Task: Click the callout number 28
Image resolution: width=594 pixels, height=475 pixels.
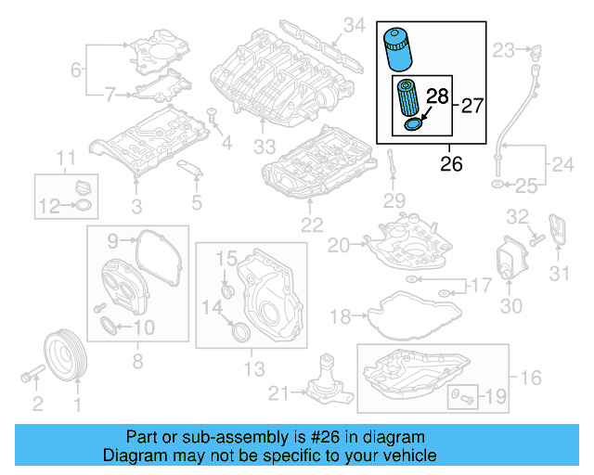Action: point(437,96)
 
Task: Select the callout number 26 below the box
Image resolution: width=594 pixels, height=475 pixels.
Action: point(451,164)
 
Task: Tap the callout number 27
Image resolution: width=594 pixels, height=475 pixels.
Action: point(472,105)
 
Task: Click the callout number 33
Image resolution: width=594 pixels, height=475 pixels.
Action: point(265,147)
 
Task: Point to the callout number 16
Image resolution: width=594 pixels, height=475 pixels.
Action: point(530,378)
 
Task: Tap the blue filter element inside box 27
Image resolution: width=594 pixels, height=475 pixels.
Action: point(407,98)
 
